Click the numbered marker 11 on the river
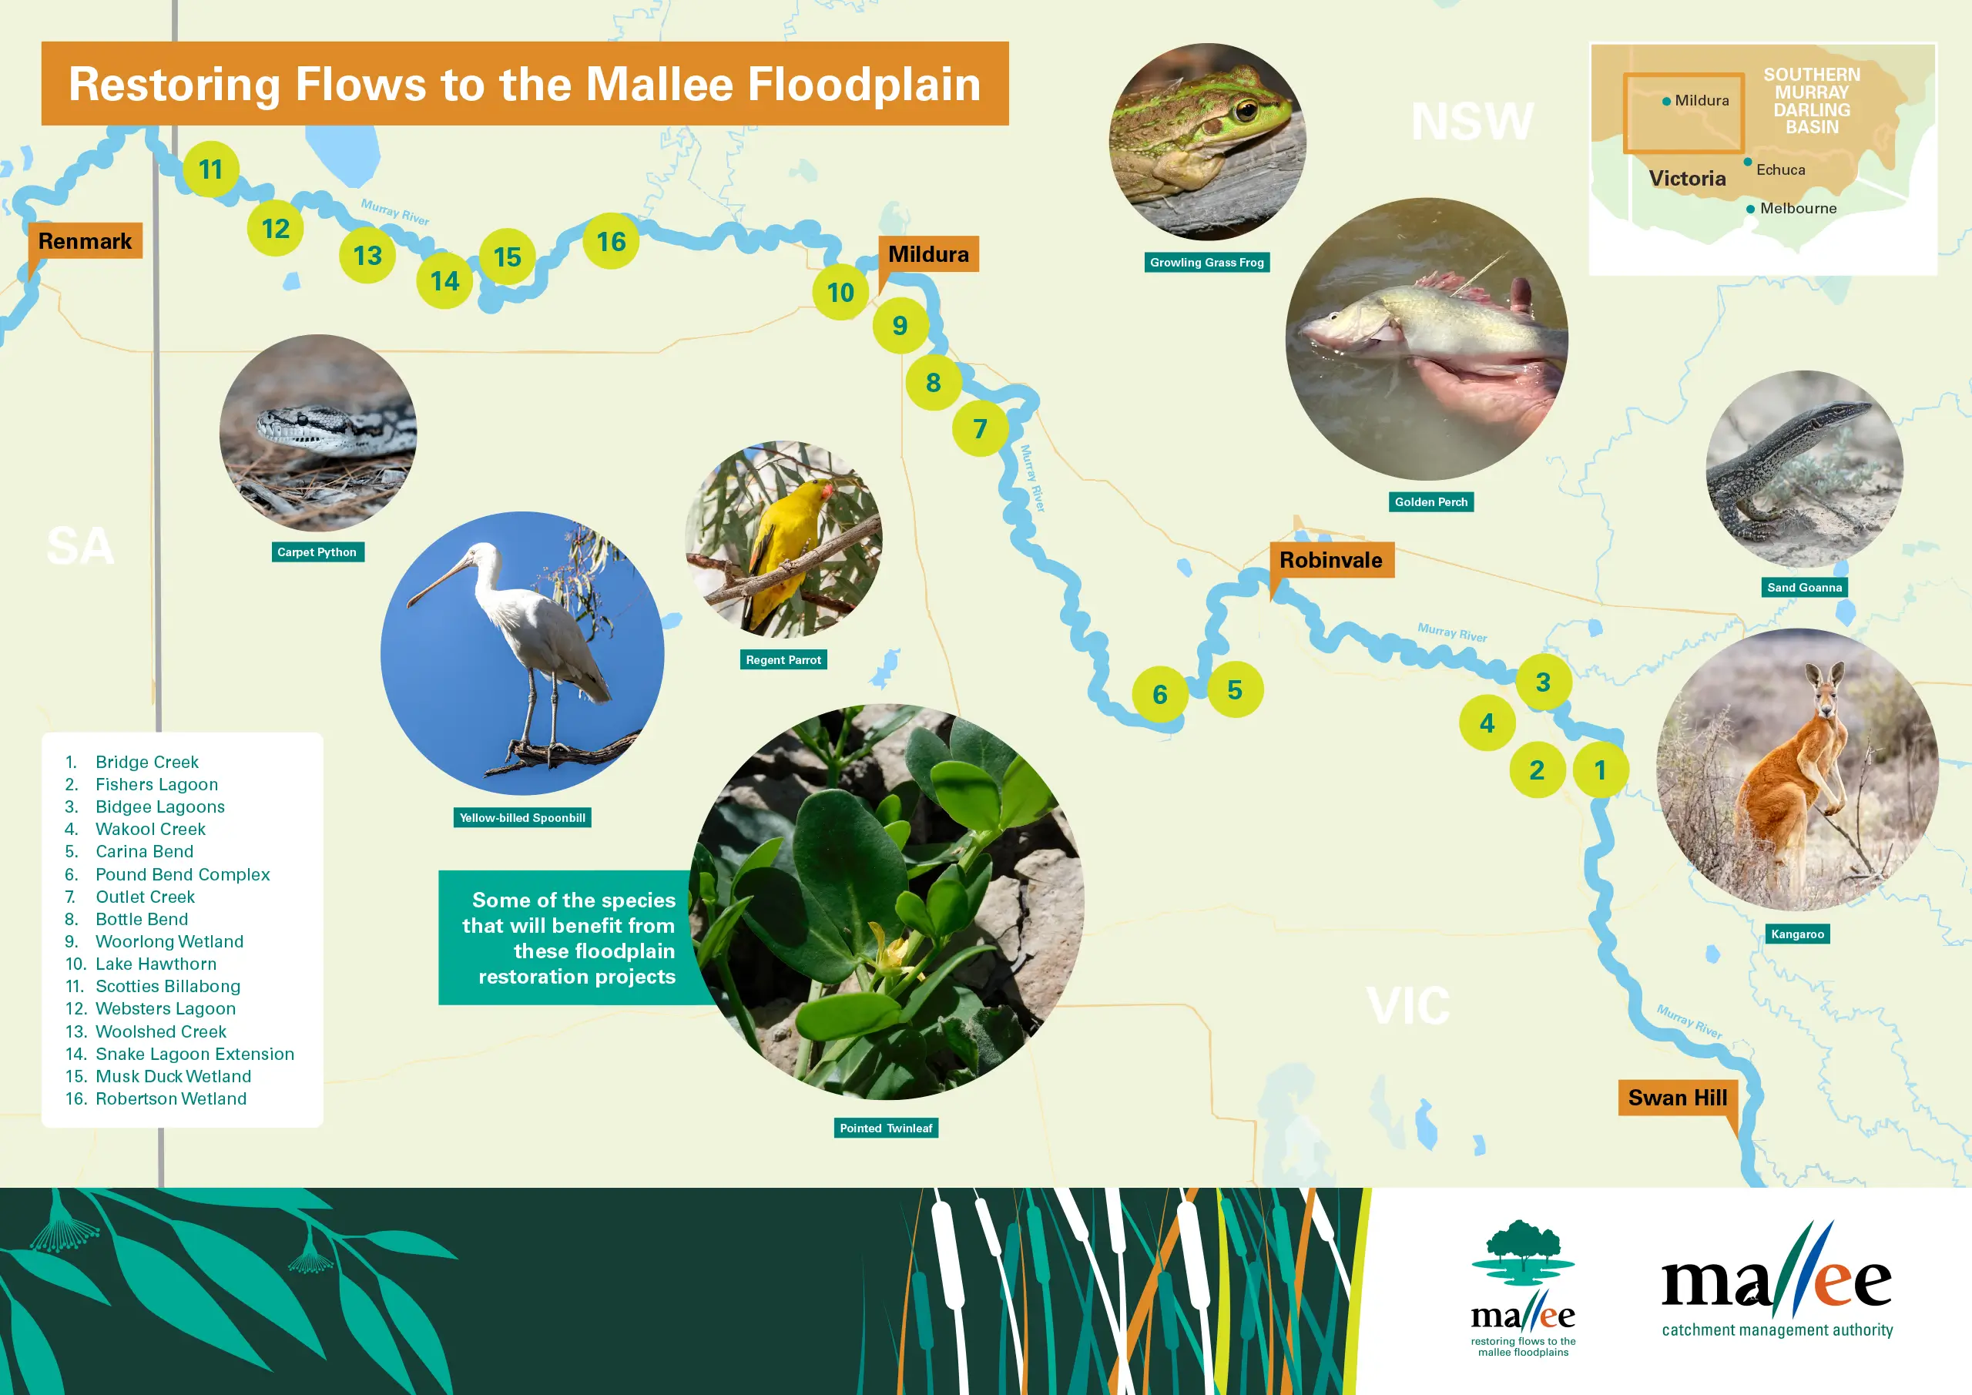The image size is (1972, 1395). pyautogui.click(x=210, y=169)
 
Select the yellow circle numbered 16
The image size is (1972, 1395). pyautogui.click(x=611, y=241)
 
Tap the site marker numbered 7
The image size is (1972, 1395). pyautogui.click(x=980, y=428)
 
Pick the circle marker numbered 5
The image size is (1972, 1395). pyautogui.click(x=1235, y=689)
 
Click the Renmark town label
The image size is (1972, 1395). pyautogui.click(x=85, y=241)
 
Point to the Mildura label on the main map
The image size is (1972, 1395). pyautogui.click(x=928, y=254)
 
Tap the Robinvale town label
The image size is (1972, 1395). pyautogui.click(x=1331, y=560)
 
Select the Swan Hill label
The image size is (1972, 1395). pyautogui.click(x=1678, y=1098)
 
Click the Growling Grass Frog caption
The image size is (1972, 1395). pyautogui.click(x=1207, y=263)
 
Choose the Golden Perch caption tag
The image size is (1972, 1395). pyautogui.click(x=1431, y=501)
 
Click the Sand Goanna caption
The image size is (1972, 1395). pyautogui.click(x=1805, y=588)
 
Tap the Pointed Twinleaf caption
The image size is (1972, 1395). pyautogui.click(x=886, y=1128)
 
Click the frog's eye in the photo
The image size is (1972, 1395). pyautogui.click(x=1246, y=109)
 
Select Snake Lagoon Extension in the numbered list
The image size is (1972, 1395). pyautogui.click(x=194, y=1054)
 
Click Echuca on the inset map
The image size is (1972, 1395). pyautogui.click(x=1780, y=170)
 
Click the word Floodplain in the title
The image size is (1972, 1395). pyautogui.click(x=864, y=85)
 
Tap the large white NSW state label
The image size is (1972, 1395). pyautogui.click(x=1472, y=121)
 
